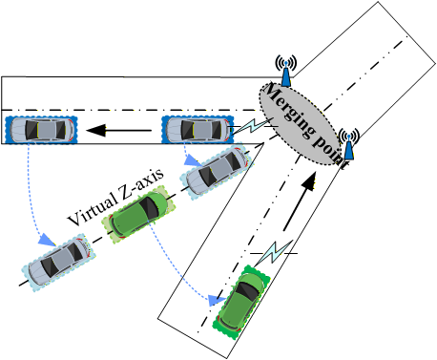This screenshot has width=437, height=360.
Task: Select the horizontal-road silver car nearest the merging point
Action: coord(197,130)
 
